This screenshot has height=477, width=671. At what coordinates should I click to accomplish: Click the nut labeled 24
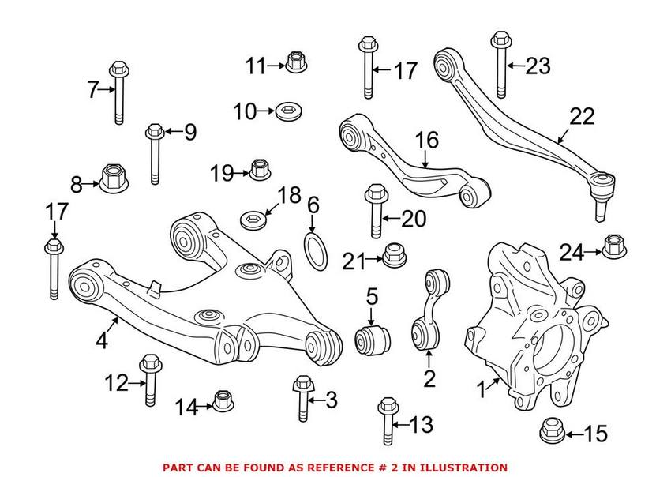613,247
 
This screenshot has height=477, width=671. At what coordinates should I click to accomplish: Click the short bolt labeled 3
302,397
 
